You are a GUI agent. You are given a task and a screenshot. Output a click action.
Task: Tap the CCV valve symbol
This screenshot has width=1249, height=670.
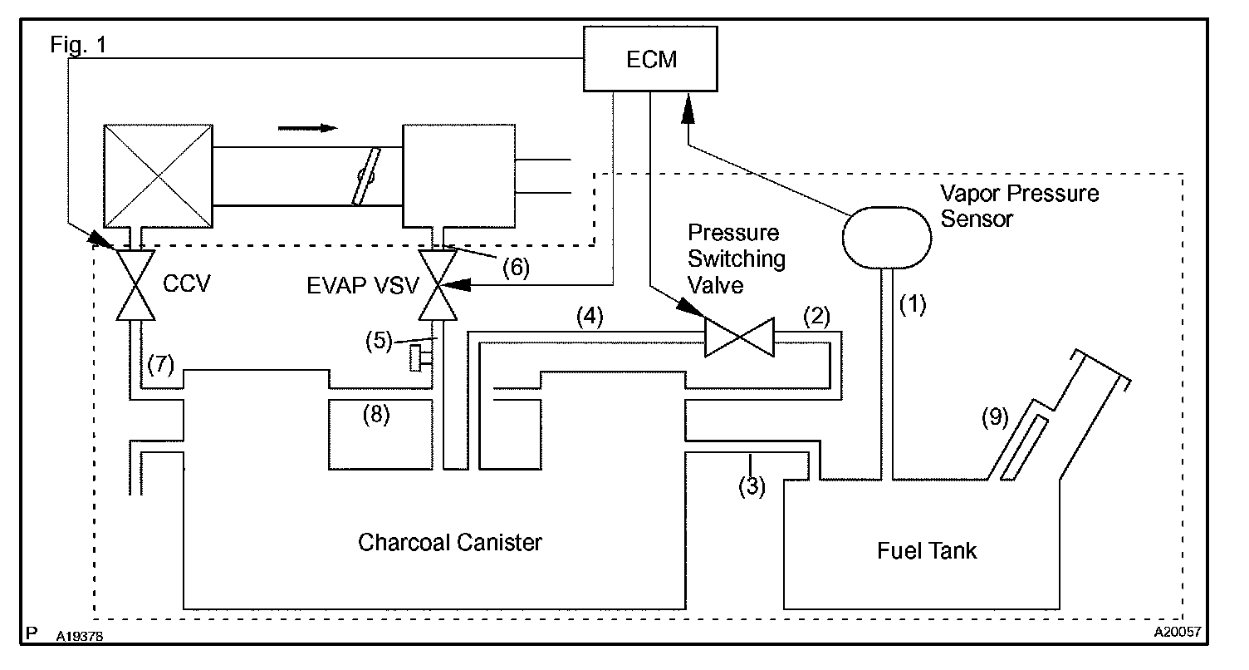point(134,284)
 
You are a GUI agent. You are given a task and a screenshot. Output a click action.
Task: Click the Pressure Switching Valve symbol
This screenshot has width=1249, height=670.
point(739,337)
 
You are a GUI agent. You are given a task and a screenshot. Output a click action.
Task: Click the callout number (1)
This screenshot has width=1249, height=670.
point(913,304)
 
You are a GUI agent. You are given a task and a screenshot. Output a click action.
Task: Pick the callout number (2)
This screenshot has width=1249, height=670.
point(815,316)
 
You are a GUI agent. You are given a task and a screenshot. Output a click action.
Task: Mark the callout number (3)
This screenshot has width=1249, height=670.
point(752,486)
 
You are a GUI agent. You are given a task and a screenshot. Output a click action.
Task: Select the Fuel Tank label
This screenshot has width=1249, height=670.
point(927,551)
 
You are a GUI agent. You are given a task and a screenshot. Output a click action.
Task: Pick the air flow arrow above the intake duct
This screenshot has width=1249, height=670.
point(307,127)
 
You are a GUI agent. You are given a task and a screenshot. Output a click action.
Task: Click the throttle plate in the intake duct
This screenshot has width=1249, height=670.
point(363,176)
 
